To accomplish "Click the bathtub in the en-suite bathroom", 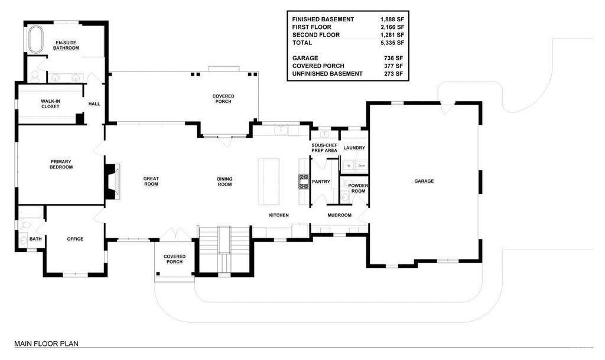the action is (36, 40).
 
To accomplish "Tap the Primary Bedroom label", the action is (61, 164).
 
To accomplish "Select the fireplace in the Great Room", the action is (113, 181).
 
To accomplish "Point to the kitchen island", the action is (269, 181).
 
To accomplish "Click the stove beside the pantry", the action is (304, 181).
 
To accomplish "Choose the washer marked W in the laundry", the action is (349, 166).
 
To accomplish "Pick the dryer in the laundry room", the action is (362, 166).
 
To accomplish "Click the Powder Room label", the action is (358, 189).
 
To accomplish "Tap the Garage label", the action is (424, 181).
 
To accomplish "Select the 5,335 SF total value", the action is (392, 43).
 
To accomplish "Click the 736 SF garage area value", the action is (393, 59).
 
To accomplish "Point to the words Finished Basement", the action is (323, 20).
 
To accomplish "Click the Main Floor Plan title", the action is (46, 343).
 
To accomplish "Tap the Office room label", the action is (75, 239).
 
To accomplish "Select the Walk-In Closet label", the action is (51, 104).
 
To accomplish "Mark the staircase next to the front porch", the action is (224, 249).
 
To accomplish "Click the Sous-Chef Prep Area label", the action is (324, 148).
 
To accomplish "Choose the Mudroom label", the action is (340, 215).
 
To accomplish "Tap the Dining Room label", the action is (225, 181).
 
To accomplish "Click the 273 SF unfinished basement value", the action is (393, 74).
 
